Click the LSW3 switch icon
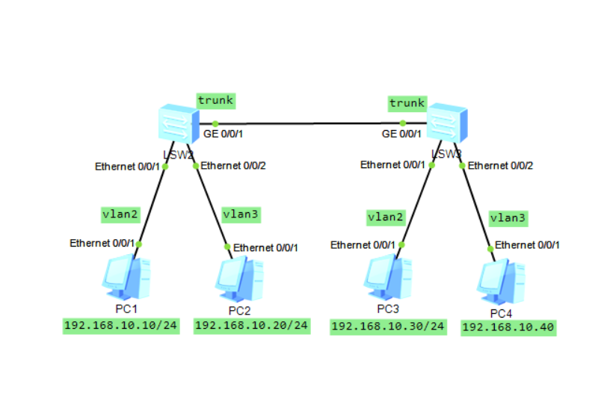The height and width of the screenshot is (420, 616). pyautogui.click(x=446, y=123)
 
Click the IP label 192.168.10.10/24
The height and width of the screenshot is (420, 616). pyautogui.click(x=121, y=325)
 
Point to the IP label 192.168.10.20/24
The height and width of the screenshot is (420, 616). pyautogui.click(x=251, y=325)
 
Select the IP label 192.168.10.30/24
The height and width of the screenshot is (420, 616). pyautogui.click(x=388, y=327)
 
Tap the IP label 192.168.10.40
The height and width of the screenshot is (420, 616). pyautogui.click(x=508, y=328)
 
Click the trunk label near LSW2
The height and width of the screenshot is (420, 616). pyautogui.click(x=215, y=99)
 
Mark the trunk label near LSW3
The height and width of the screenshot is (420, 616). pyautogui.click(x=407, y=103)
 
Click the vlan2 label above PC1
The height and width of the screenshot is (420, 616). pyautogui.click(x=120, y=214)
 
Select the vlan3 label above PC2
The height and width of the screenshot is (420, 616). pyautogui.click(x=241, y=214)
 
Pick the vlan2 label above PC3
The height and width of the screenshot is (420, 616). pyautogui.click(x=386, y=217)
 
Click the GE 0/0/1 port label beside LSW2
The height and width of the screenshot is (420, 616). pyautogui.click(x=224, y=135)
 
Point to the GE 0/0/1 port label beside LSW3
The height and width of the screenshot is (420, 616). pyautogui.click(x=401, y=135)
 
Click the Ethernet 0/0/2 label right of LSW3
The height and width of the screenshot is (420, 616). pyautogui.click(x=500, y=165)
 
